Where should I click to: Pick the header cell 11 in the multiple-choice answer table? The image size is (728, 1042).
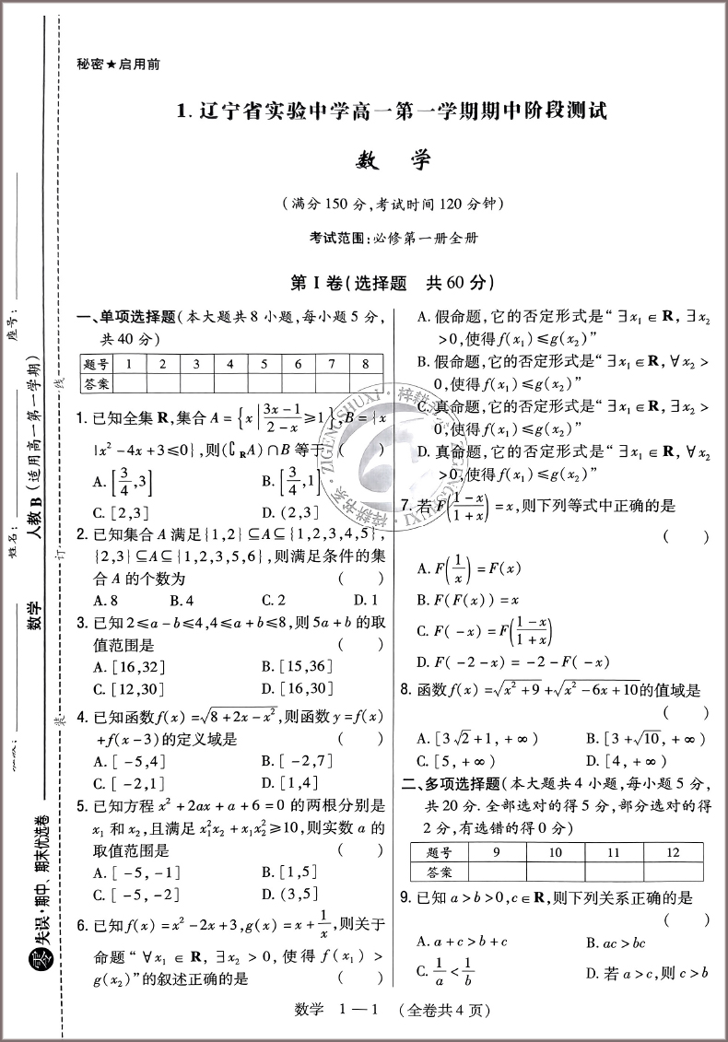613,852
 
